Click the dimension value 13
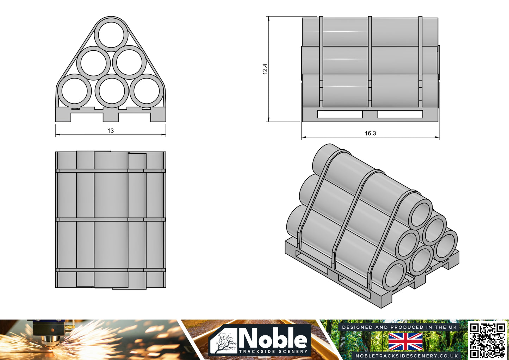click(111, 131)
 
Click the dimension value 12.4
click(265, 69)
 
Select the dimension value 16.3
click(370, 133)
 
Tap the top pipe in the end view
click(111, 34)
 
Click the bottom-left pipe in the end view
click(74, 91)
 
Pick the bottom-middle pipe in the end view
click(112, 91)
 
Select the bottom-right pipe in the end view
click(147, 91)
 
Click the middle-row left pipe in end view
click(93, 63)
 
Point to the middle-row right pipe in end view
click(129, 62)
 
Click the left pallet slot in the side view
click(340, 114)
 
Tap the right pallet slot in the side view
click(400, 114)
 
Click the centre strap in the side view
click(370, 62)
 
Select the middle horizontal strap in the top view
click(111, 219)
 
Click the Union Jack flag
click(405, 341)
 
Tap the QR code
click(488, 340)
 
